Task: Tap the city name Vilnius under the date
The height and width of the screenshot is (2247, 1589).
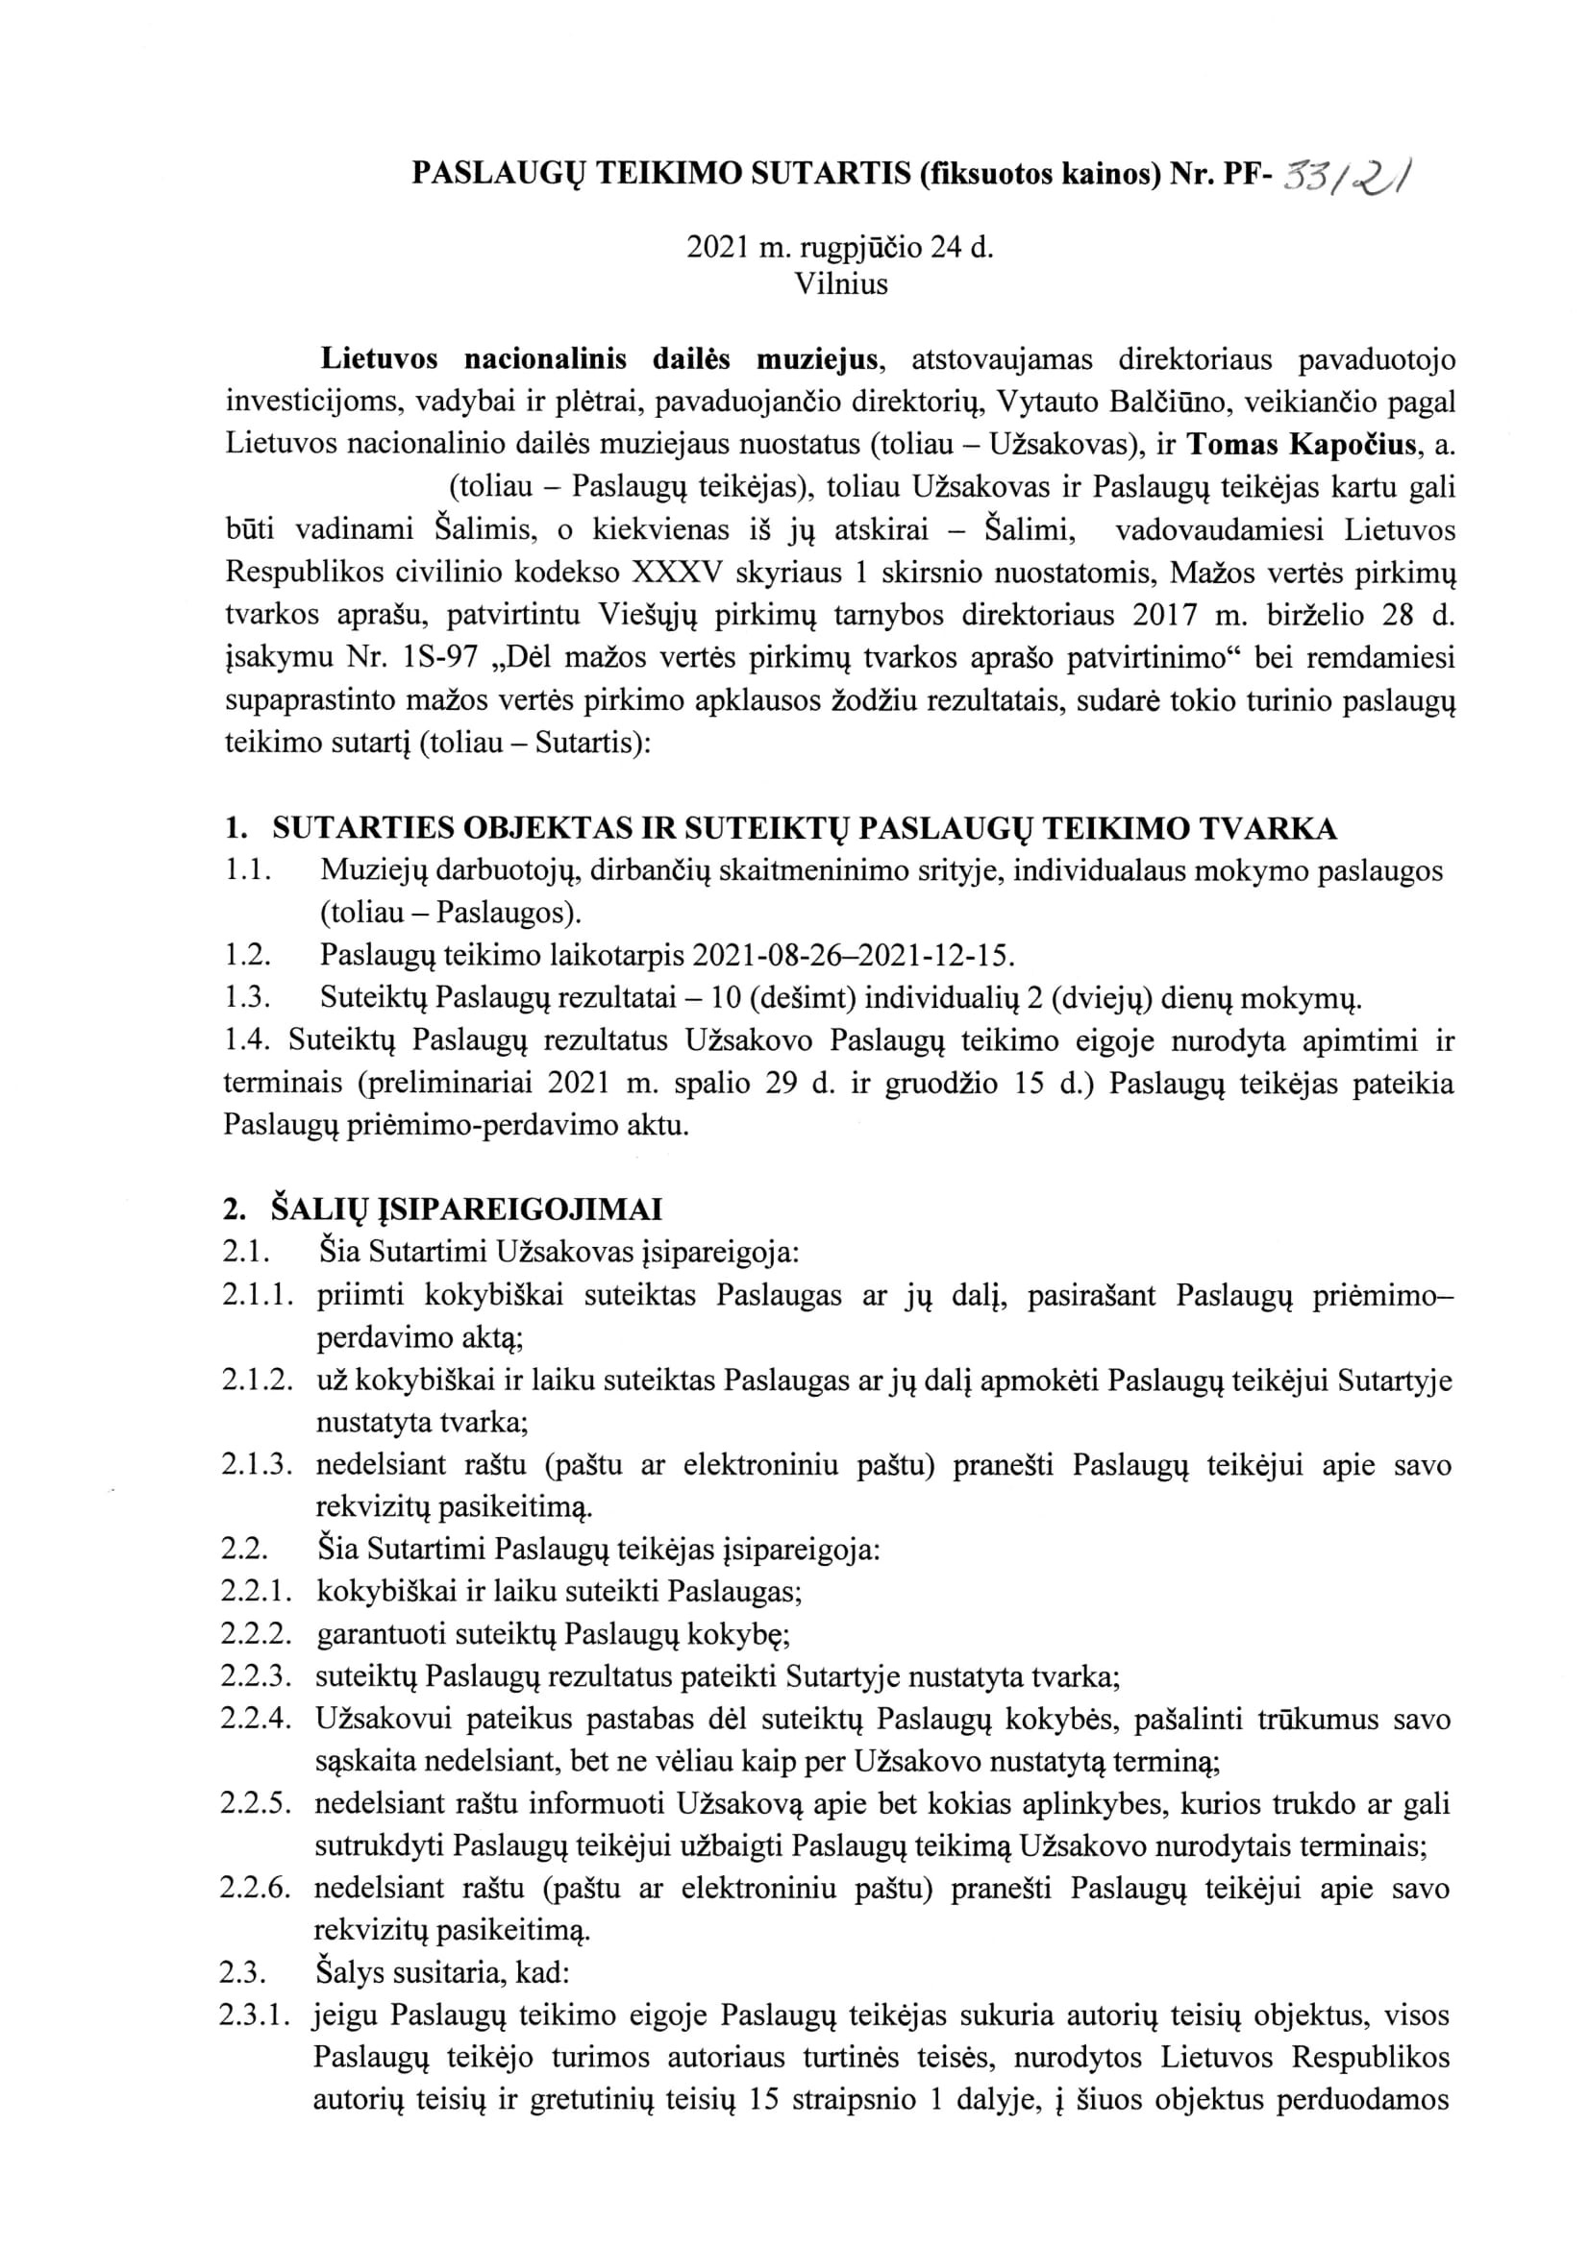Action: [841, 284]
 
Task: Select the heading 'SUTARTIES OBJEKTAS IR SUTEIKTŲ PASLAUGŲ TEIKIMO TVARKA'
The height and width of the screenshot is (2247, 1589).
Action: [804, 829]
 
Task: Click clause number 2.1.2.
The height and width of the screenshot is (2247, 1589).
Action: [257, 1380]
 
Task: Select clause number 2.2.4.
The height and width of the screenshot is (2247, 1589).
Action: [257, 1720]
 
